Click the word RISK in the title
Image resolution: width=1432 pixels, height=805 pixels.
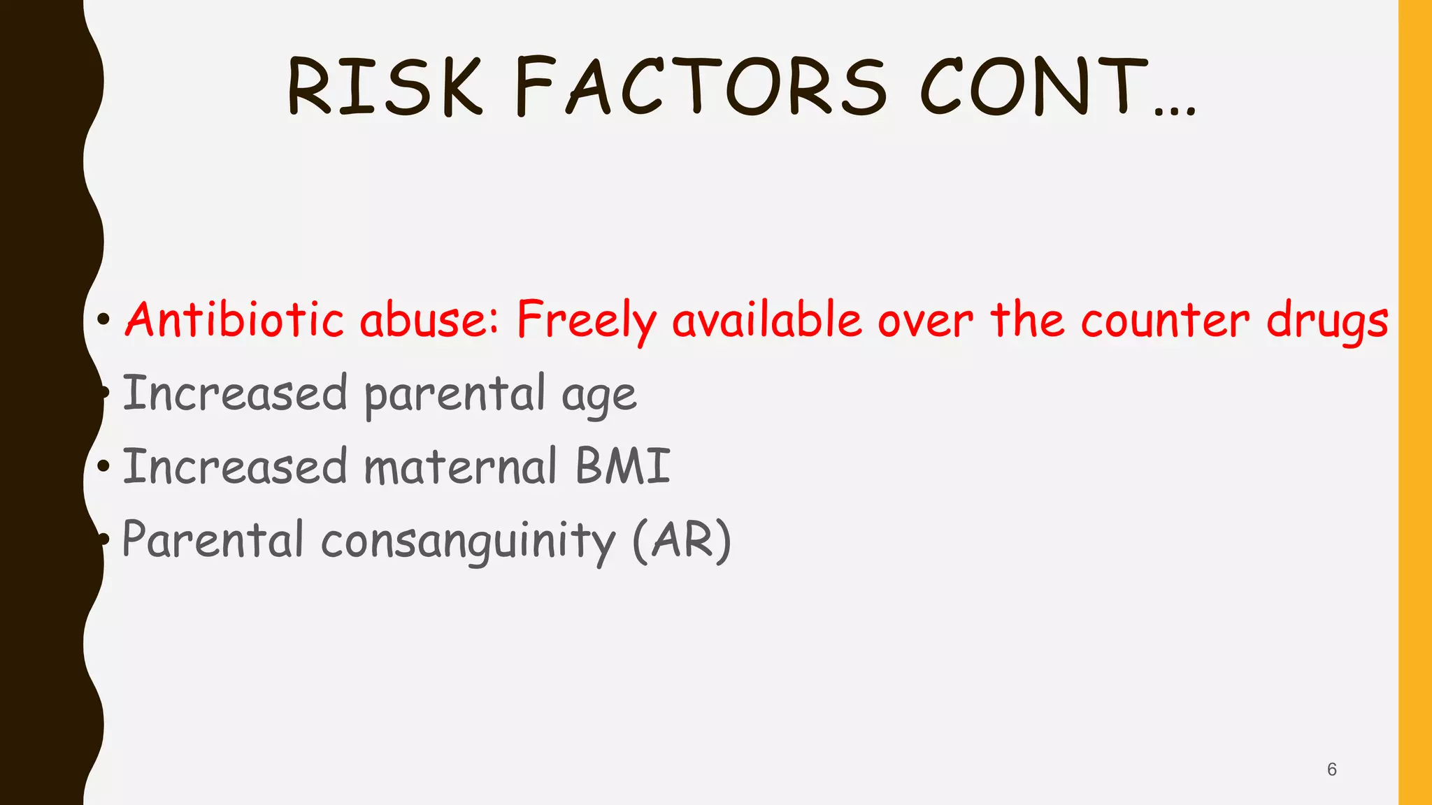385,87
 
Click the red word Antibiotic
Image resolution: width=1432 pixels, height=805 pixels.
234,319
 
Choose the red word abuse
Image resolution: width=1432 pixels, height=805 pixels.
429,319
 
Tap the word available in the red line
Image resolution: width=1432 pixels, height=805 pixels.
767,319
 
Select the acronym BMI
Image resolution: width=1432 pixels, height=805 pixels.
623,466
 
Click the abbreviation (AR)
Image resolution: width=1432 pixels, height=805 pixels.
682,540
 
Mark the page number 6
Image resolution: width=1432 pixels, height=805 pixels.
1331,769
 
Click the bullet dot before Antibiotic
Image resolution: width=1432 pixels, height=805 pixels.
103,320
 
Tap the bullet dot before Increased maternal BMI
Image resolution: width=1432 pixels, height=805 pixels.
103,466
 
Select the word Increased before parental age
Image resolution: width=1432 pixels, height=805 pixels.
235,393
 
